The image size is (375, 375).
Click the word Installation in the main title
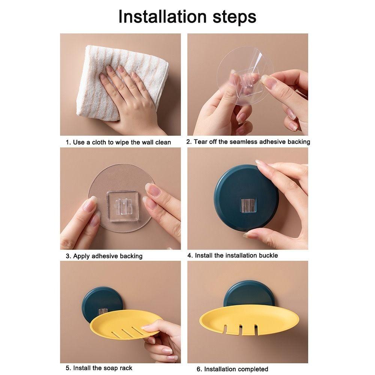162,17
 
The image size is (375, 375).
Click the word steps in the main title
234,17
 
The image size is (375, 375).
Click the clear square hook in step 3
123,206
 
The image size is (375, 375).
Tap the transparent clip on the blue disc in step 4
248,205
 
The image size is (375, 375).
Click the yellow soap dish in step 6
249,319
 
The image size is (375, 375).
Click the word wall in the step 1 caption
148,142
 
